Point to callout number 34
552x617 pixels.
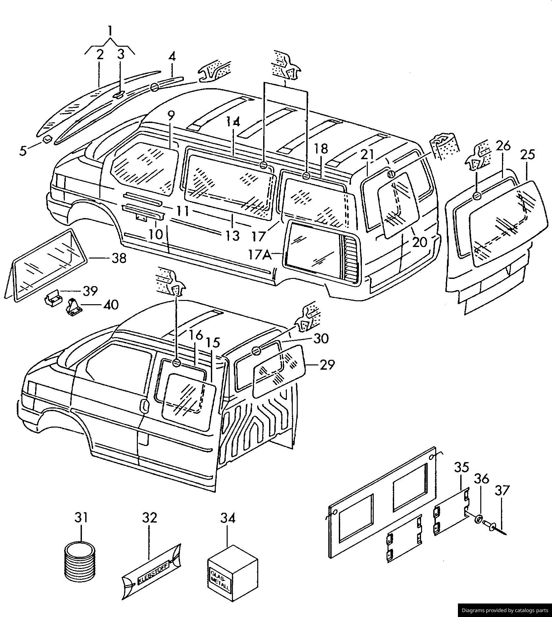click(228, 518)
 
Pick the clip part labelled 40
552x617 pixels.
click(73, 308)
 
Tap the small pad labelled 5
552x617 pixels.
click(47, 139)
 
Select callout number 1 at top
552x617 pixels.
click(110, 31)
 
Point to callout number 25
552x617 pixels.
click(527, 155)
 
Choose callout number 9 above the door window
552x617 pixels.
click(171, 116)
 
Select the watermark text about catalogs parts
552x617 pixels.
click(505, 610)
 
